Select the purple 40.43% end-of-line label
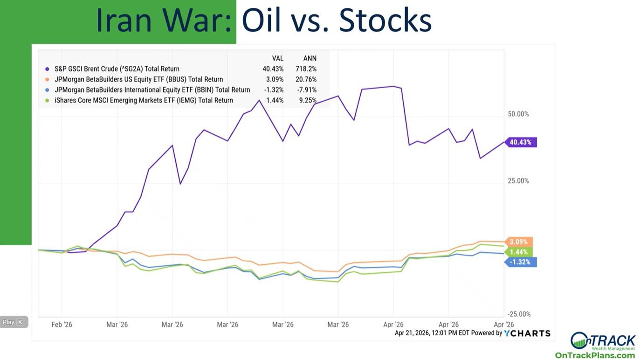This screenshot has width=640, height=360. coord(521,142)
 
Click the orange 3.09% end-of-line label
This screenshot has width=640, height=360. coord(519,242)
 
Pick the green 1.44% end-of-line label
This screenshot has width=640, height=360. coord(519,252)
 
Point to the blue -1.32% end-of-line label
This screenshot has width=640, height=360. coord(520,262)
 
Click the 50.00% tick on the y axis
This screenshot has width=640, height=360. coord(518,114)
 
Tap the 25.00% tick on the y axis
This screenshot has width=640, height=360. coord(518,181)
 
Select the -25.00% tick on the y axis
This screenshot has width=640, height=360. coord(519,314)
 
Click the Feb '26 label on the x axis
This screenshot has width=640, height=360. coord(62,325)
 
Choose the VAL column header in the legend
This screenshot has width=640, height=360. coord(278,58)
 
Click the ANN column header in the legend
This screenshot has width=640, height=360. coord(310,58)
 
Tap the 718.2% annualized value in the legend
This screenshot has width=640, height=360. coord(306,69)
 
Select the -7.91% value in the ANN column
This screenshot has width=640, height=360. coord(307,90)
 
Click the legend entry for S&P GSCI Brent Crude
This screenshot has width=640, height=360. coord(117,69)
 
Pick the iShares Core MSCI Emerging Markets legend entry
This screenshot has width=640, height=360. coord(144,100)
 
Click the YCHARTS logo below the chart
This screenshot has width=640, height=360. coord(527,333)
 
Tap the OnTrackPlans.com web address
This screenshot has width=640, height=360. coord(595,355)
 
